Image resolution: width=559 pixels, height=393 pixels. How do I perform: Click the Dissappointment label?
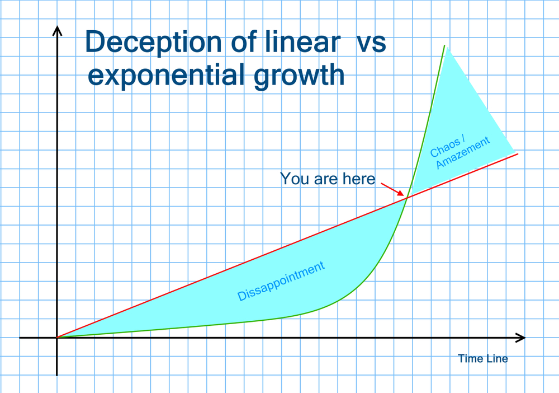coord(281,281)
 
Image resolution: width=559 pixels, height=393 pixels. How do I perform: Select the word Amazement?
coord(463,152)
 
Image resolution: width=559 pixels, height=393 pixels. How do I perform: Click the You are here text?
coord(327,179)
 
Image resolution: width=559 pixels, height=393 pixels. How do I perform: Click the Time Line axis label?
coord(483,358)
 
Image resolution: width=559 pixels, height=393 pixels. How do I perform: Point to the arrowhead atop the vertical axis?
coord(56,30)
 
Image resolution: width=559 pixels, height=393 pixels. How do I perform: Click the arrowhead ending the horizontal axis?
coord(521,338)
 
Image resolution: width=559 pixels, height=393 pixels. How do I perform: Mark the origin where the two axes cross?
coord(56,338)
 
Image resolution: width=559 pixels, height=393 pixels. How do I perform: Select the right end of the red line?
coord(517,153)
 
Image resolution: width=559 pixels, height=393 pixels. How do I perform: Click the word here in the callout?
coord(358,179)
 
